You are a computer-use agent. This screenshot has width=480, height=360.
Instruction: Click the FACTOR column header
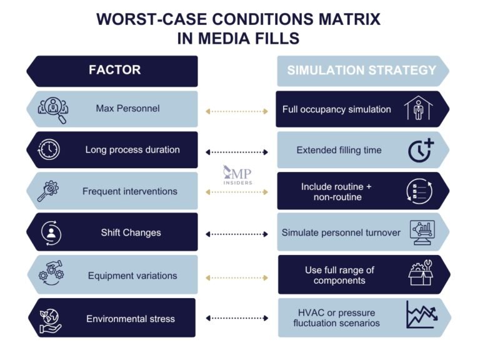tap(114, 70)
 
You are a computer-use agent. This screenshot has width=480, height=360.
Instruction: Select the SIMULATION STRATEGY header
tap(361, 70)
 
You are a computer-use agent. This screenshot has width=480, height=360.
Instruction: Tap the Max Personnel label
tap(127, 109)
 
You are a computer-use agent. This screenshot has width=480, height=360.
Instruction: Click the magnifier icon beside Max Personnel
tap(53, 109)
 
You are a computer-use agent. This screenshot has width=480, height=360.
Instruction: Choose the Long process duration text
tap(132, 150)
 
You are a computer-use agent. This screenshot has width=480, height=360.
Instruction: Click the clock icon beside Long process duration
tap(49, 150)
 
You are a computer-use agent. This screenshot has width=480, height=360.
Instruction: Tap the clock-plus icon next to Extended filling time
tap(420, 150)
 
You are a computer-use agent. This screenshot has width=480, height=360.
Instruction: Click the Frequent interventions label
tap(130, 191)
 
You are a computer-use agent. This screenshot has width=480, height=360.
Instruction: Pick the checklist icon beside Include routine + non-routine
tap(419, 191)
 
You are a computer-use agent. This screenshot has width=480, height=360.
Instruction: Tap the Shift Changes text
tap(131, 232)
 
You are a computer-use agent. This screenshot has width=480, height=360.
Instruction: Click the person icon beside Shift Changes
tap(49, 232)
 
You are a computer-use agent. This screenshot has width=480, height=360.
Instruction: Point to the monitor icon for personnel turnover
tap(421, 232)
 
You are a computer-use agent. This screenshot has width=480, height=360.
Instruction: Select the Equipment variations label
tap(132, 276)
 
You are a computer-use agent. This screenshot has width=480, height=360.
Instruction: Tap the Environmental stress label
tap(131, 319)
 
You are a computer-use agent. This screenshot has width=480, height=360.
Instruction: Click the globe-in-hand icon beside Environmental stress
tap(49, 318)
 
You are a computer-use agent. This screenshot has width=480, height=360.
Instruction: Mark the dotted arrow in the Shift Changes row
tap(237, 234)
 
